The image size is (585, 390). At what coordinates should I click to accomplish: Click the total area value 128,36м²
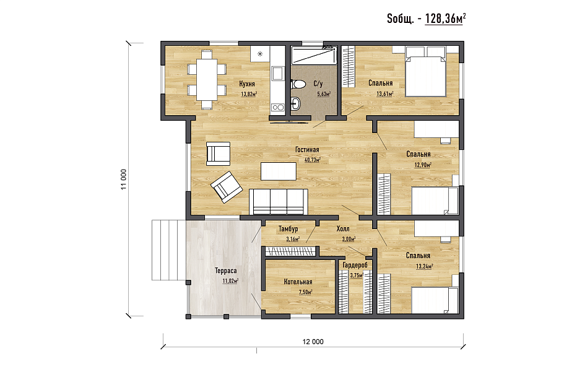446,19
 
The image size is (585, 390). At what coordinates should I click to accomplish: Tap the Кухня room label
247,84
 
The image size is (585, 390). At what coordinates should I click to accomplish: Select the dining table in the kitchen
207,79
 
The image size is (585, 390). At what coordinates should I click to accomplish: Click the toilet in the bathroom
298,84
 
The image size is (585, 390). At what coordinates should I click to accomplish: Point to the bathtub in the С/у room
314,55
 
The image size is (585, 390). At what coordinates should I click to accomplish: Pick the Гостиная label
307,150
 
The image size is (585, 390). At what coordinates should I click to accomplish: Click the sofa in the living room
279,202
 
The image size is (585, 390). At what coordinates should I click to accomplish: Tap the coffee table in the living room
279,171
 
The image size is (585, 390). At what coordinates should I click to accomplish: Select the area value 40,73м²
312,160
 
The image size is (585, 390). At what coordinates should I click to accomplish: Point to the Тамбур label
288,229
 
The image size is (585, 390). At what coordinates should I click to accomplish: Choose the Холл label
343,229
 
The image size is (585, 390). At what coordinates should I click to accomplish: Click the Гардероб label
355,265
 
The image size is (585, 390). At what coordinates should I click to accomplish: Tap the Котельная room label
298,282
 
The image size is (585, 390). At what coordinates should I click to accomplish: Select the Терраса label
226,271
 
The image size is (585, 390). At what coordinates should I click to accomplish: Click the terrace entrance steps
168,250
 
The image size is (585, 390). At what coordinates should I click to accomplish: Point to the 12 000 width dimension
313,342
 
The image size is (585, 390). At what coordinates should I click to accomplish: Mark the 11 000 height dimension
123,179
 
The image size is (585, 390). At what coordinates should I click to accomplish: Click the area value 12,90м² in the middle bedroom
423,165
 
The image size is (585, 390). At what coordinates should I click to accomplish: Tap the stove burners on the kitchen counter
277,108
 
